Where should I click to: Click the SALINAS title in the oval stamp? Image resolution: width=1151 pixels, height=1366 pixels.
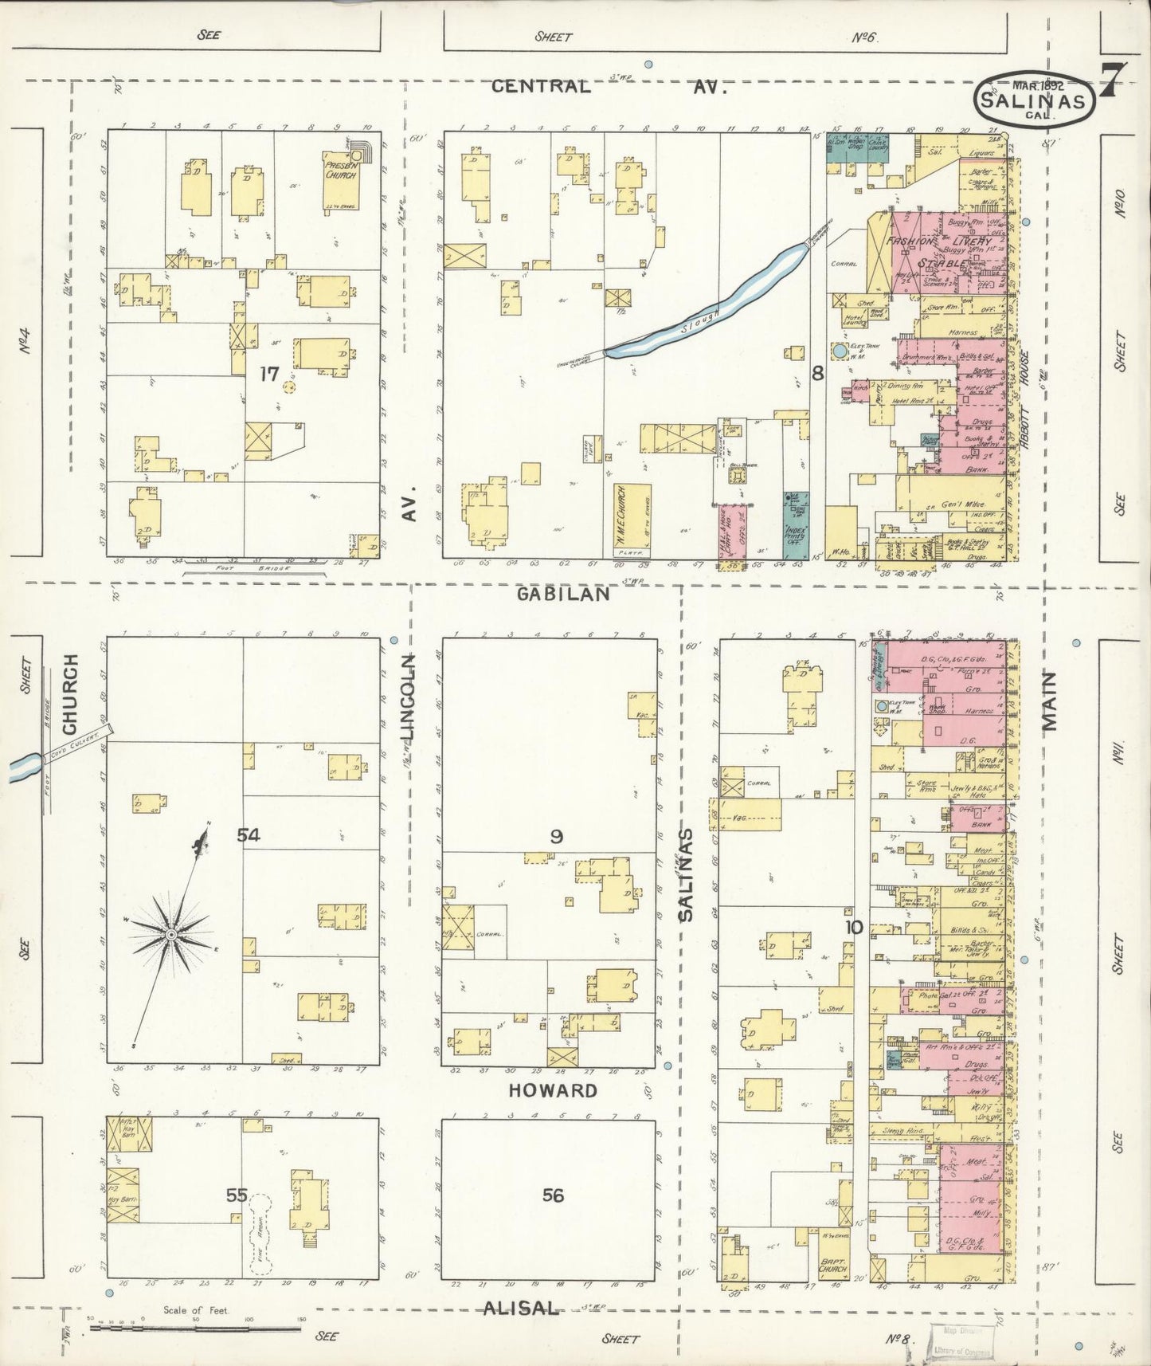(1032, 102)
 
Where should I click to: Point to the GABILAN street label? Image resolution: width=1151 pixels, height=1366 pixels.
(563, 594)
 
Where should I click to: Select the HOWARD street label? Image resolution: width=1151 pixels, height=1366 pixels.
(553, 1090)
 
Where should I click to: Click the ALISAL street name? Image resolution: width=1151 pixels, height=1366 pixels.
(521, 1308)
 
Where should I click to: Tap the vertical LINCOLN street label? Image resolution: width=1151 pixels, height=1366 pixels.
(408, 697)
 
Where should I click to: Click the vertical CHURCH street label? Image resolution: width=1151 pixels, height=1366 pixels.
(70, 694)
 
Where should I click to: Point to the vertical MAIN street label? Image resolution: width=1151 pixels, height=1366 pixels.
(1048, 701)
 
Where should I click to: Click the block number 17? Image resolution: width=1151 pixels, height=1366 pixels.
(269, 373)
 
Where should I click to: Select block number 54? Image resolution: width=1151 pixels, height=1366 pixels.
(248, 834)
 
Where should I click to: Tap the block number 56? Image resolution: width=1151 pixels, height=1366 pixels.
(553, 1195)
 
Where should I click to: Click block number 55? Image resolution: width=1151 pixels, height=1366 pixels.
(237, 1195)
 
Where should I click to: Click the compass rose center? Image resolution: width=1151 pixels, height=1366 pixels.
(171, 933)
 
